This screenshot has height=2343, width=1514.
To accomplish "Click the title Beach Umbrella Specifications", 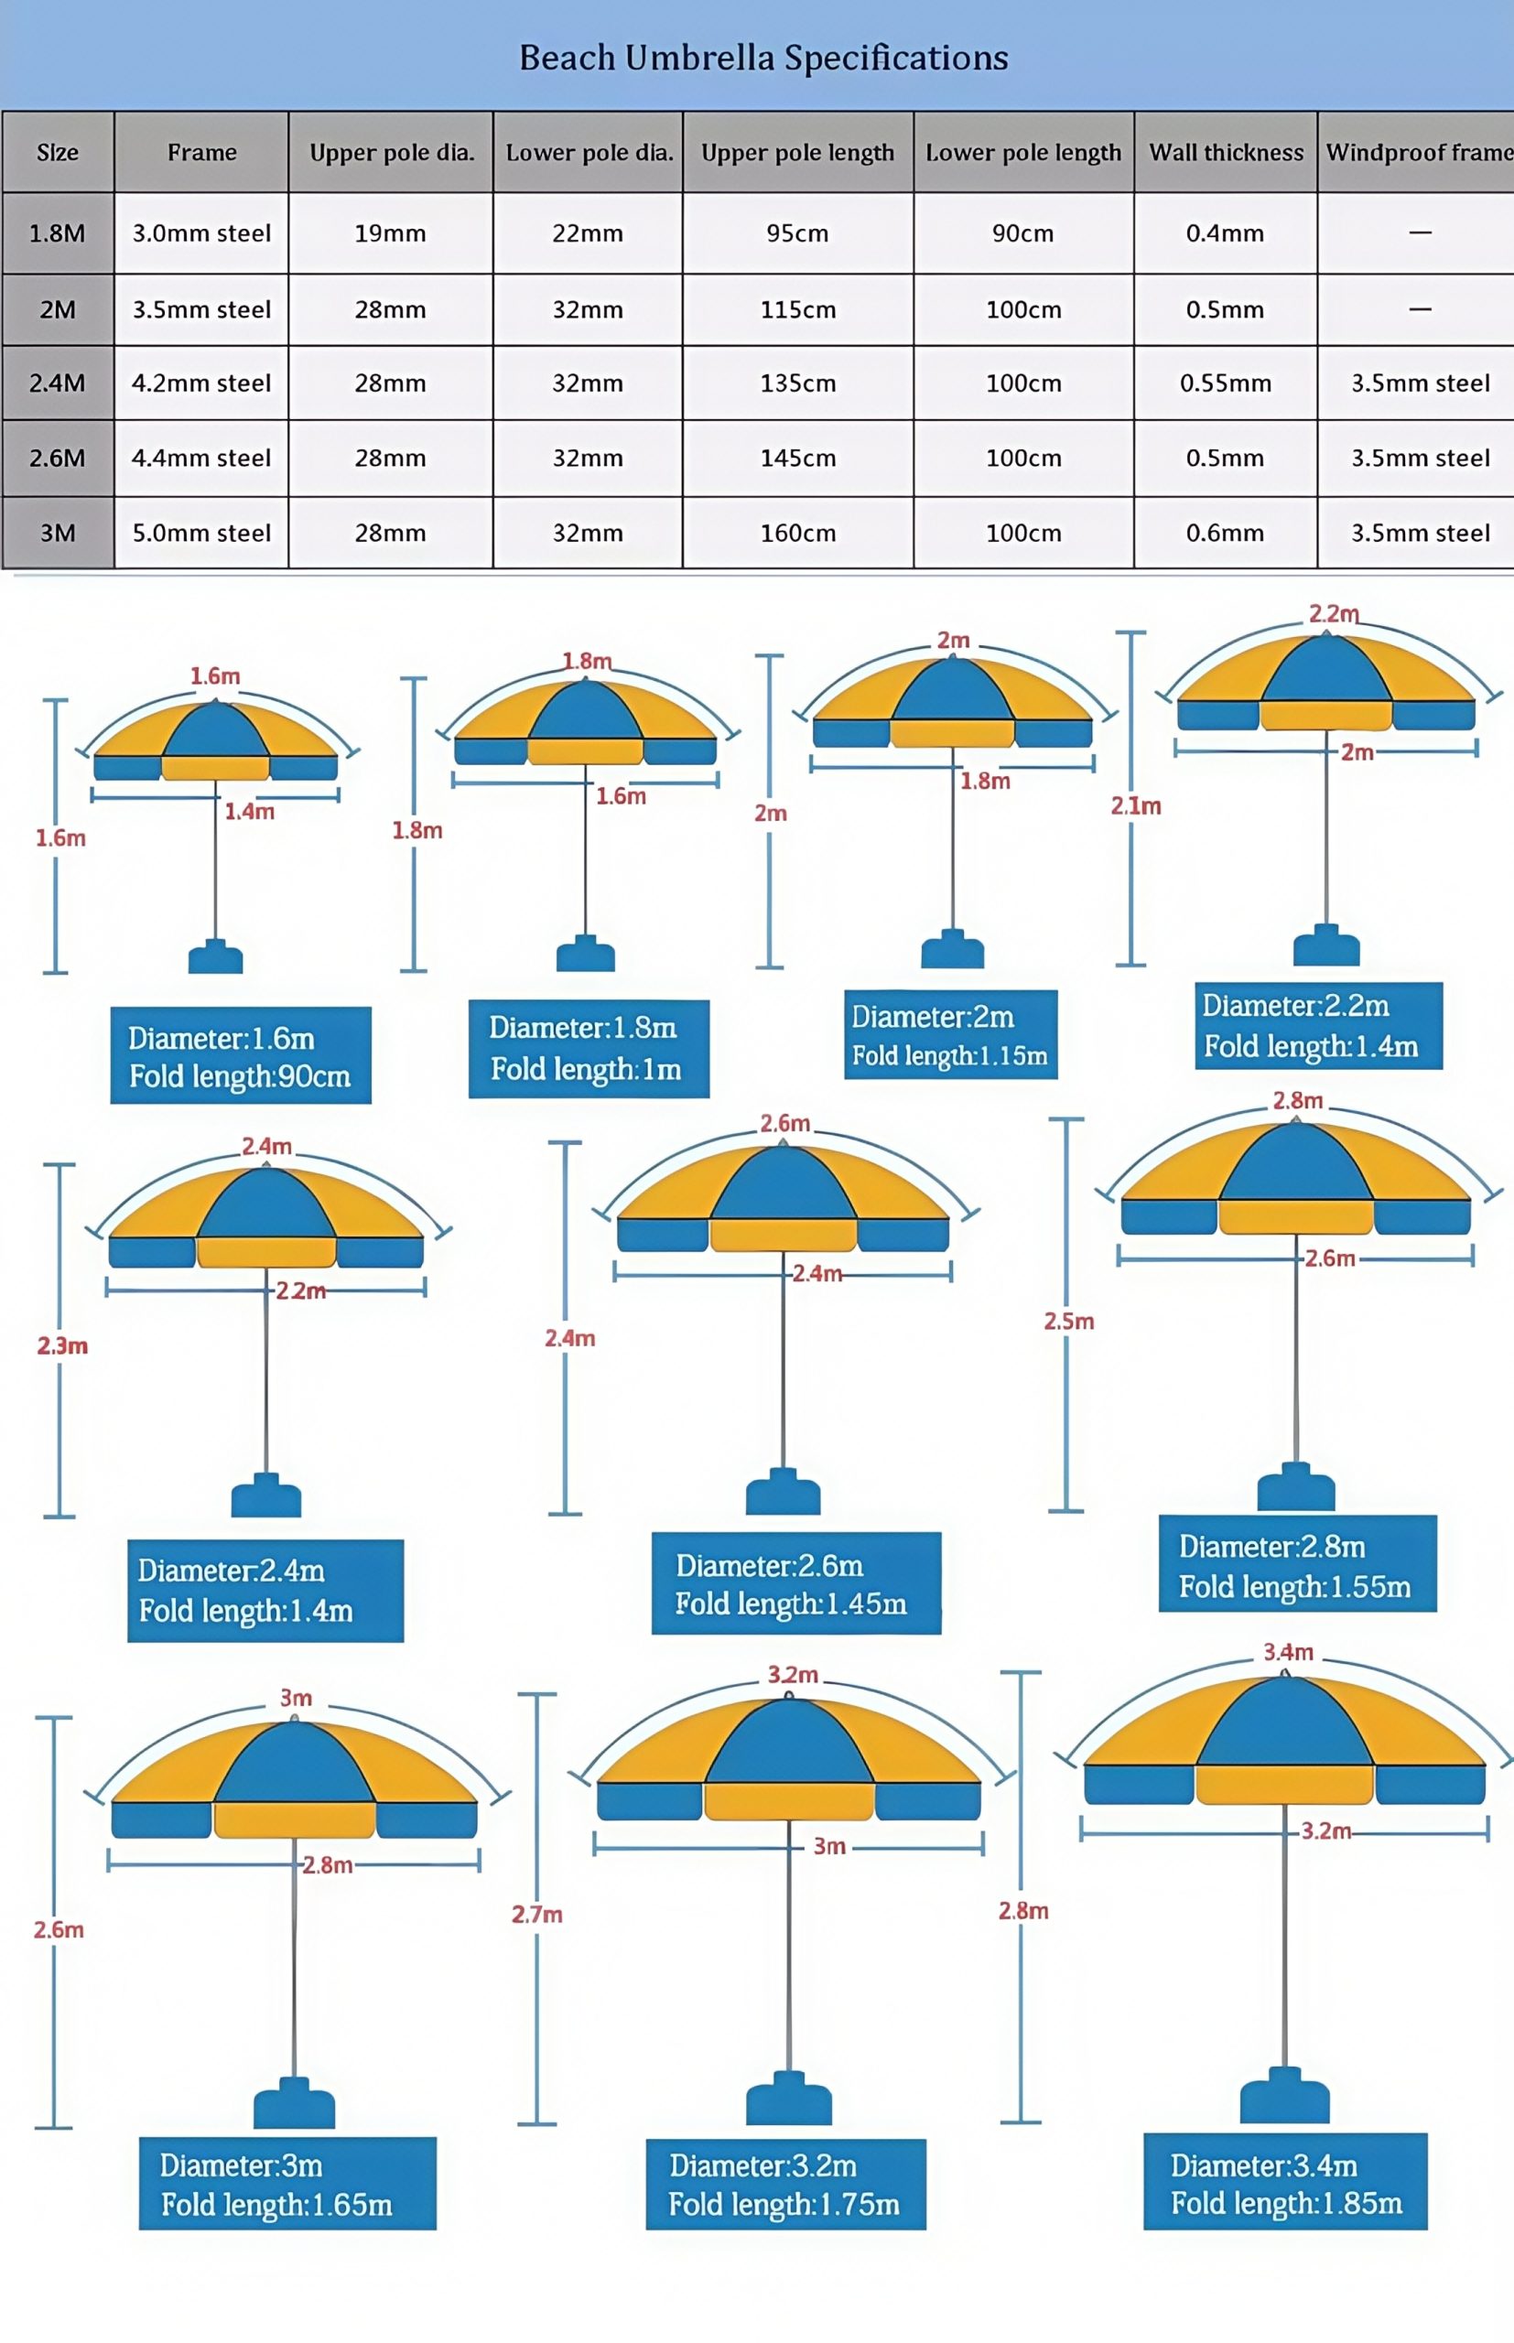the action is (x=764, y=58).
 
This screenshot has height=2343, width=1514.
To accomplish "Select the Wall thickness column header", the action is (x=1226, y=152).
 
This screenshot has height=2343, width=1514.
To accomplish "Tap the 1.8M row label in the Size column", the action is (x=58, y=232).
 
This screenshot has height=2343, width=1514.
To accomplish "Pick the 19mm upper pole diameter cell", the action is (x=390, y=232).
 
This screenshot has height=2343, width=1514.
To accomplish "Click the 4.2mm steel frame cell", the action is (x=201, y=383).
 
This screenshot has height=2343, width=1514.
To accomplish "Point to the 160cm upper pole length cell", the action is (x=797, y=533).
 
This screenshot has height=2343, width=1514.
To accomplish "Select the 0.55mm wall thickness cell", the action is (x=1226, y=383).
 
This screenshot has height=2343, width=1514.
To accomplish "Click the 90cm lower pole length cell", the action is (x=1023, y=232).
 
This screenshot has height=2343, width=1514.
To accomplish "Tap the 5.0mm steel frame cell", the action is (x=201, y=533).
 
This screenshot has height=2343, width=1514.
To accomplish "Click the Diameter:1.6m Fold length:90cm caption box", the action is (x=241, y=1055).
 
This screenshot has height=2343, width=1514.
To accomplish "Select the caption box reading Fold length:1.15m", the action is (x=951, y=1035).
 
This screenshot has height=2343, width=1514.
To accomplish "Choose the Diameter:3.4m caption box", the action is (x=1285, y=2181).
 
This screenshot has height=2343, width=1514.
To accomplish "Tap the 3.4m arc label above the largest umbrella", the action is (x=1288, y=1652).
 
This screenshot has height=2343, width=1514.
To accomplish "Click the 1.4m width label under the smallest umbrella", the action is (x=250, y=812).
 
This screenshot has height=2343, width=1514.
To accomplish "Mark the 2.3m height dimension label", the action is (x=63, y=1345).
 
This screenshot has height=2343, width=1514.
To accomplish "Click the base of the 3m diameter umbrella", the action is (x=294, y=2102).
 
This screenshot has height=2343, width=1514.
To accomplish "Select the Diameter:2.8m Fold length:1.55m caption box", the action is (x=1298, y=1563).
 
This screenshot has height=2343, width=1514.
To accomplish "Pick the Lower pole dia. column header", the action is (x=588, y=152).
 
